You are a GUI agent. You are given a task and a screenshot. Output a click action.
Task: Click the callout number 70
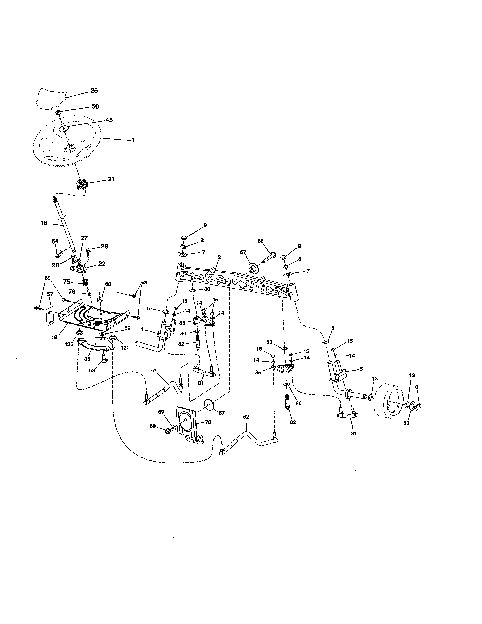208,422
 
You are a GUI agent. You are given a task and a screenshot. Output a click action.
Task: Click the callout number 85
258,373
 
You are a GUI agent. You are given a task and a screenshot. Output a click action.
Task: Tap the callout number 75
67,282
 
